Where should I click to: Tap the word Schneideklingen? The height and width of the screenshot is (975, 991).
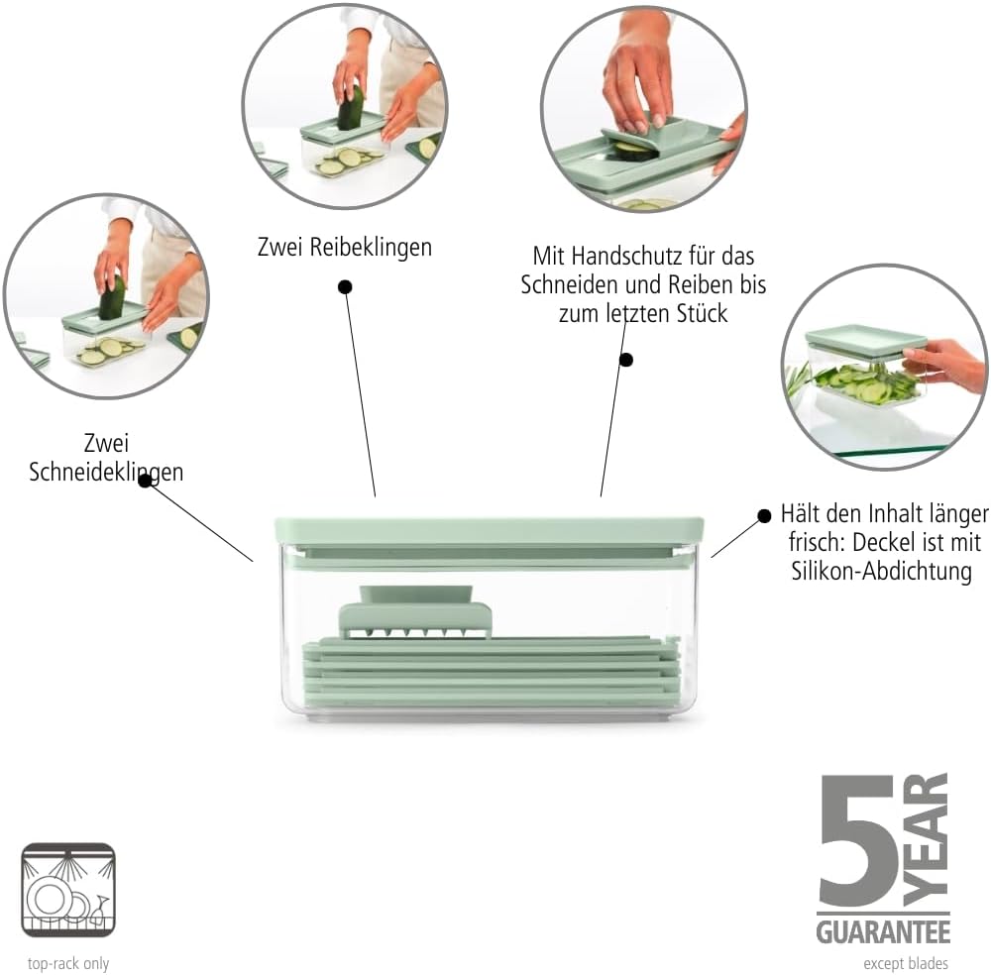click(x=106, y=472)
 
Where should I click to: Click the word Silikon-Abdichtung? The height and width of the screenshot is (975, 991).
click(x=882, y=571)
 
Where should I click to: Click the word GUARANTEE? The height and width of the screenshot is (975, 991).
click(x=884, y=932)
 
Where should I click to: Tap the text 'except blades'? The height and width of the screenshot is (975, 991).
click(x=906, y=964)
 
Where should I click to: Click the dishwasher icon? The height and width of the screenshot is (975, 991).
click(x=68, y=890)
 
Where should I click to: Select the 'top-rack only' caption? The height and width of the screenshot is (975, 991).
click(x=68, y=964)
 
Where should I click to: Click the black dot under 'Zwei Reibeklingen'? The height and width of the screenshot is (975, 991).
click(x=345, y=287)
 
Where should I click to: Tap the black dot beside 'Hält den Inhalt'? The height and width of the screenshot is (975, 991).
click(x=764, y=515)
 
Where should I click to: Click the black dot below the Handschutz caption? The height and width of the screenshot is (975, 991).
click(x=625, y=360)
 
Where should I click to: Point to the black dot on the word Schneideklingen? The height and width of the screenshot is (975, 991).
click(x=145, y=481)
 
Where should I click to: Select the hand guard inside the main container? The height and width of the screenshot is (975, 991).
click(x=415, y=611)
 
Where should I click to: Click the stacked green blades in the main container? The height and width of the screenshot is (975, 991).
click(x=492, y=672)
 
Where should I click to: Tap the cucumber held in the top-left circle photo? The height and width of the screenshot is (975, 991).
click(x=352, y=107)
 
